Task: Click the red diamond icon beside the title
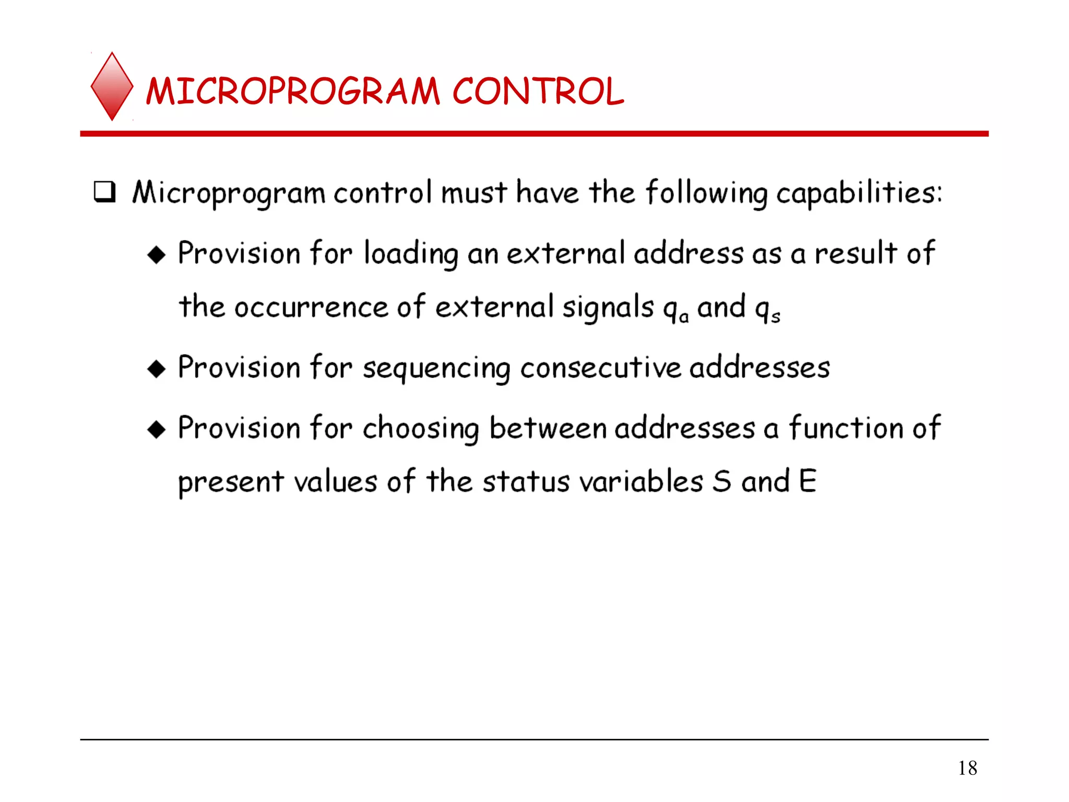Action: pyautogui.click(x=112, y=86)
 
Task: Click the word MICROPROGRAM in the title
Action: pyautogui.click(x=293, y=91)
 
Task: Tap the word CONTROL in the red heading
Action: pyautogui.click(x=538, y=91)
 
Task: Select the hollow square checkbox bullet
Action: pyautogui.click(x=104, y=192)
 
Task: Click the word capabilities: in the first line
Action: pyautogui.click(x=859, y=193)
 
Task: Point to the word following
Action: pyautogui.click(x=706, y=193)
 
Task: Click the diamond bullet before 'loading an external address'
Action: pyautogui.click(x=157, y=255)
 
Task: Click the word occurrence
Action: pyautogui.click(x=311, y=307)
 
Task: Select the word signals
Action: pyautogui.click(x=608, y=308)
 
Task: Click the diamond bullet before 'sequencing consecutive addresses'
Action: pyautogui.click(x=157, y=369)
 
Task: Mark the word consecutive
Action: pyautogui.click(x=600, y=368)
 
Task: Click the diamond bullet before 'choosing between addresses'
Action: pyautogui.click(x=157, y=430)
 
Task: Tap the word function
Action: pyautogui.click(x=846, y=428)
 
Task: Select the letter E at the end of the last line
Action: pyautogui.click(x=807, y=481)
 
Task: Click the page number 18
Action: pyautogui.click(x=967, y=768)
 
